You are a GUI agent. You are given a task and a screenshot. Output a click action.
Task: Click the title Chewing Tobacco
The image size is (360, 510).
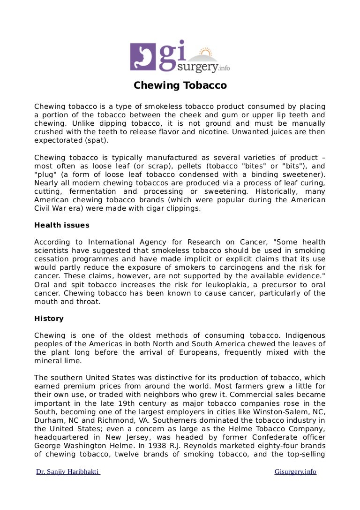click(180, 85)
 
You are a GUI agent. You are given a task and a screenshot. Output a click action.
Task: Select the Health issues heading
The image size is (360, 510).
click(61, 225)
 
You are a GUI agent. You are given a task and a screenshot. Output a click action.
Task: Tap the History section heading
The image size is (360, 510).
click(49, 319)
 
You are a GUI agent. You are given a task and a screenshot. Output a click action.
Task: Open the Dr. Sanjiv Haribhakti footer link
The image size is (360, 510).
click(68, 472)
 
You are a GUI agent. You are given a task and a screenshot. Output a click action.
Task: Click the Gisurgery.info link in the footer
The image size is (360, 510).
click(295, 472)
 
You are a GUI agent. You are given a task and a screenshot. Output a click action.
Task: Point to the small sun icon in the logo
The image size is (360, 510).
click(205, 52)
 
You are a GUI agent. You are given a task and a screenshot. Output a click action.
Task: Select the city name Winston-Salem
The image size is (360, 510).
click(288, 411)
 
